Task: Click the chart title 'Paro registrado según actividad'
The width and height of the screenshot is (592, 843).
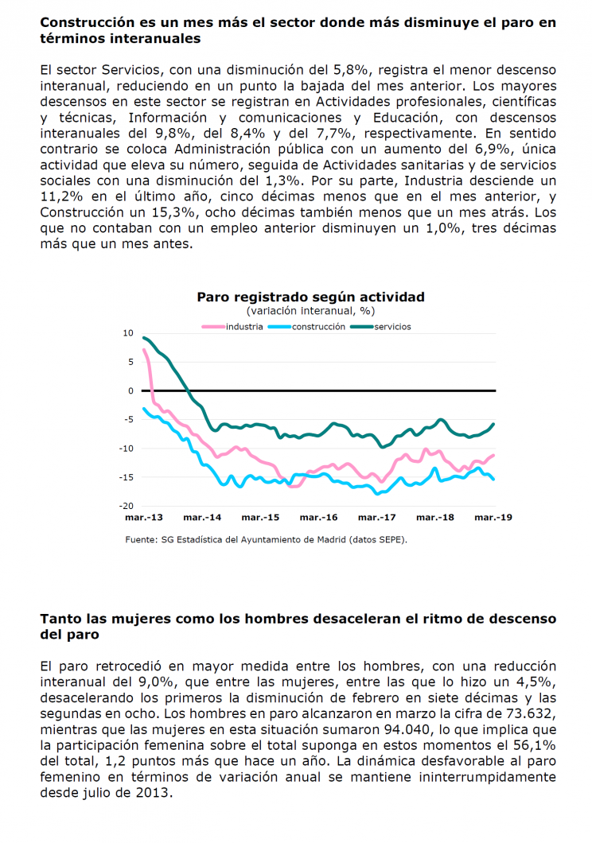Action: tap(310, 297)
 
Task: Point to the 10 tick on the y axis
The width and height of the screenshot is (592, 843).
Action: tap(128, 333)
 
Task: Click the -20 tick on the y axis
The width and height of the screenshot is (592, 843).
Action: tap(127, 506)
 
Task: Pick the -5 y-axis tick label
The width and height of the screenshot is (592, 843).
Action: tap(129, 419)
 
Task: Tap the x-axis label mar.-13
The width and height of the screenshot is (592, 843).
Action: tap(143, 517)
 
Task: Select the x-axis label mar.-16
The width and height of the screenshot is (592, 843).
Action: tap(318, 517)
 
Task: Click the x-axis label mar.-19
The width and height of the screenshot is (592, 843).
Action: tap(493, 517)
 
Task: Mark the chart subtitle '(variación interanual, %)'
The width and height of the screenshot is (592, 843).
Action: tap(311, 311)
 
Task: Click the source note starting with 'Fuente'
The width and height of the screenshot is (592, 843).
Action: tap(266, 539)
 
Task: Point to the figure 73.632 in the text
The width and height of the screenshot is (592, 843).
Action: tap(532, 713)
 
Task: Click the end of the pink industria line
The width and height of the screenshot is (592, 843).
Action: tap(493, 456)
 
